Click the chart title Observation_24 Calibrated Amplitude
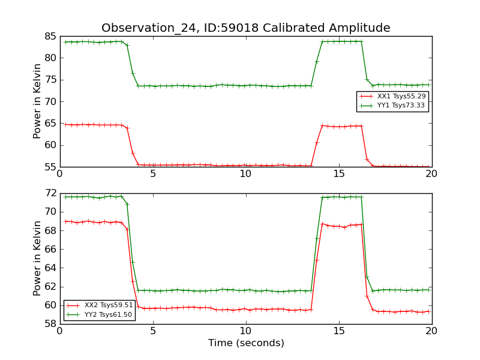pos(245,28)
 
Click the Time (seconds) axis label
pos(246,343)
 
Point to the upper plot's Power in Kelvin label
pos(38,101)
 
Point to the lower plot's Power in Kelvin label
pos(38,258)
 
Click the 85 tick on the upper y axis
pos(50,36)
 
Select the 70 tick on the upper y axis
pos(50,101)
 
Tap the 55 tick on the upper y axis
pos(50,167)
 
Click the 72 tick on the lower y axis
pos(50,193)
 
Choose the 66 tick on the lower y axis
pos(50,249)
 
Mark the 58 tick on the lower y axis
pos(50,324)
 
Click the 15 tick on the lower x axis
pos(339,331)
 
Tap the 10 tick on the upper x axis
pos(245,174)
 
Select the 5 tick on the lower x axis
pos(152,331)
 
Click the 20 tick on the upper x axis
pos(431,174)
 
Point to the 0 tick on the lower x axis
pos(59,331)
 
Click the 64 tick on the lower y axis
pos(50,268)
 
